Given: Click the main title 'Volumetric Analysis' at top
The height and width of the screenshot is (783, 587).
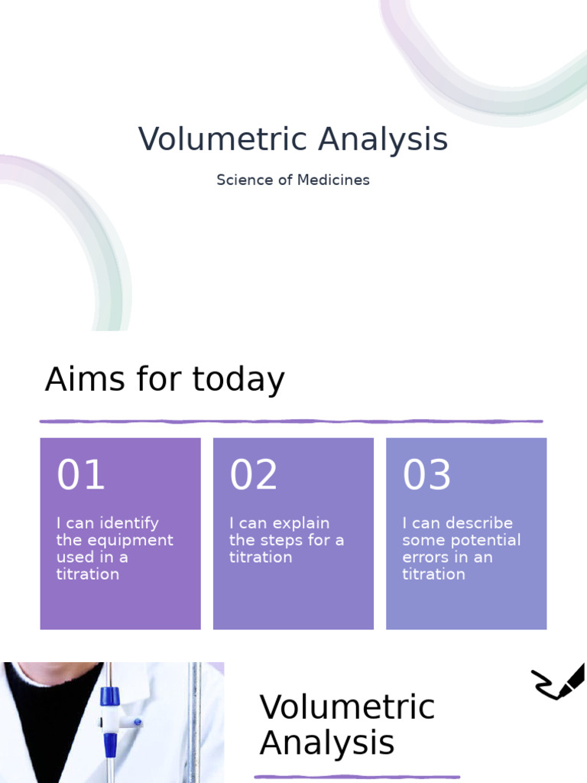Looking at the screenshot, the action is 293,139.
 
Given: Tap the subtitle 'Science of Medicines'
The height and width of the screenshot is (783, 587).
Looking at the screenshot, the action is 293,180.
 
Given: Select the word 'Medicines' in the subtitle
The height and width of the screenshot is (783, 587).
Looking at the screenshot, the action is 333,180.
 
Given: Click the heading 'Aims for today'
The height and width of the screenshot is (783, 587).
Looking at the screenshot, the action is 165,379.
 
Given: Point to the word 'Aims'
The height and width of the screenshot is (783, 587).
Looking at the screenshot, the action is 85,379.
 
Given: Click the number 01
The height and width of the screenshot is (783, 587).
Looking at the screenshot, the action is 80,474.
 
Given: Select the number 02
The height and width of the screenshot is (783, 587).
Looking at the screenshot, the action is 254,474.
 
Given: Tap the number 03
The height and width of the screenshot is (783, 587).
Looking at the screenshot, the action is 426,474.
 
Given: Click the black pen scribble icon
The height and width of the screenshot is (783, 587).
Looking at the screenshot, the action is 557,681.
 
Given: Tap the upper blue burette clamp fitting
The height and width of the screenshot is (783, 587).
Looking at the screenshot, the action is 110,696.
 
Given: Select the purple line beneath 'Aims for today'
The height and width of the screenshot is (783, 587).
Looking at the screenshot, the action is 291,421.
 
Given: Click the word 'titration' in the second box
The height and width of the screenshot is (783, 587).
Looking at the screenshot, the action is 261,557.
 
